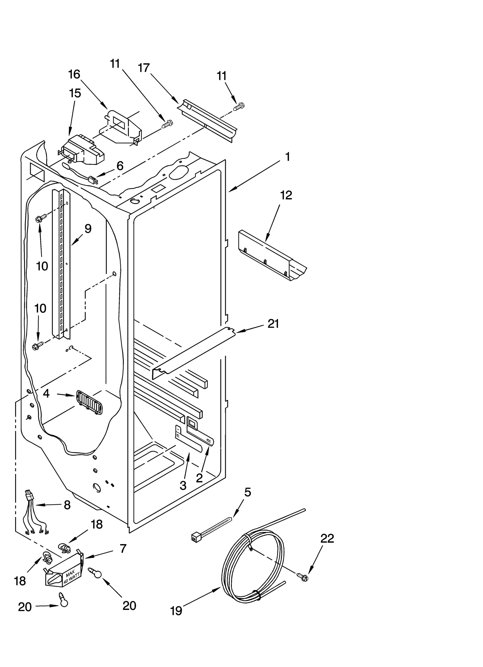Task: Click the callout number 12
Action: pyautogui.click(x=286, y=195)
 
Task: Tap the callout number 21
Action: pyautogui.click(x=273, y=324)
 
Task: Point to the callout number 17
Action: pyautogui.click(x=144, y=68)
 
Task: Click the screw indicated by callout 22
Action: pyautogui.click(x=303, y=577)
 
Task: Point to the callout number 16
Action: pyautogui.click(x=74, y=74)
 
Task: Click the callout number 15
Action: pyautogui.click(x=75, y=93)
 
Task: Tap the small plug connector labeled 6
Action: pyautogui.click(x=93, y=181)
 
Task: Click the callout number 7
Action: pyautogui.click(x=123, y=549)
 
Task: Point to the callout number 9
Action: pyautogui.click(x=88, y=229)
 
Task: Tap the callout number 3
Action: pyautogui.click(x=183, y=486)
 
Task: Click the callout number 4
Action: pyautogui.click(x=46, y=393)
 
